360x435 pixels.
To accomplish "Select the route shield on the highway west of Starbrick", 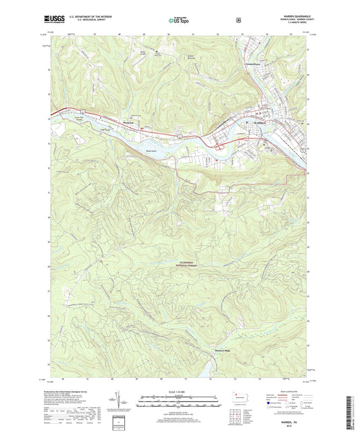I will (x=81, y=111).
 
